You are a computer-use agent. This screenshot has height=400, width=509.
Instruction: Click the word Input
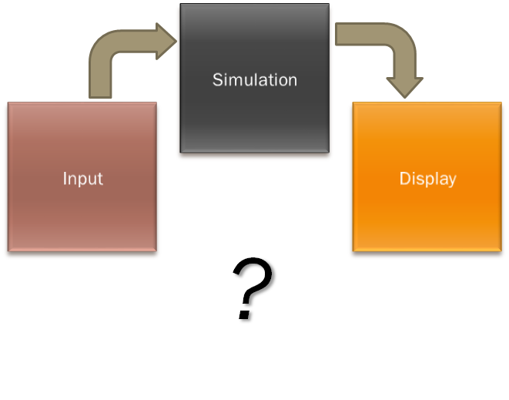tap(82, 179)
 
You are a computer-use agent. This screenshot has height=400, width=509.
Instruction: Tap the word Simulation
tap(255, 79)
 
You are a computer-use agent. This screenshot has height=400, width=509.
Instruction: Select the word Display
tap(427, 179)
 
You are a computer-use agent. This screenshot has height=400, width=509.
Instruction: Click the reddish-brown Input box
tap(82, 216)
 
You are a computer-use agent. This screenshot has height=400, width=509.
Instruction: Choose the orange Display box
tap(427, 216)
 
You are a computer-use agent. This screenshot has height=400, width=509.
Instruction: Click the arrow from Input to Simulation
tap(116, 54)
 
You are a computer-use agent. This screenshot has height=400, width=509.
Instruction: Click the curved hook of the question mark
tap(254, 277)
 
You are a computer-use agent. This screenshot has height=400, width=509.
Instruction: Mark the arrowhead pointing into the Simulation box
tap(166, 41)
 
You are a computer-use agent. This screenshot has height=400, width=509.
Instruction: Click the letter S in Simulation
tap(217, 79)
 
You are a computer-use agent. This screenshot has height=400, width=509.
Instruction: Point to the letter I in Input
tap(65, 179)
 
